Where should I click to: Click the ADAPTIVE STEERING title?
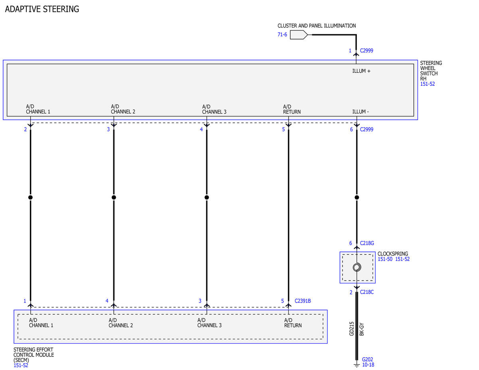pos(42,9)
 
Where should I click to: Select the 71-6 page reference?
pos(282,35)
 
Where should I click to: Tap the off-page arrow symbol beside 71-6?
pos(299,35)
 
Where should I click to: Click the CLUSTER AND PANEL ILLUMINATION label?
pos(317,26)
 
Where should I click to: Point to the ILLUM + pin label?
pos(361,71)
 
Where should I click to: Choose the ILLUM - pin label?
pos(360,112)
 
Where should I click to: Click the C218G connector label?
pos(367,243)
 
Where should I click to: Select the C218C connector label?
pos(366,292)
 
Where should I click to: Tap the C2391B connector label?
pos(303,301)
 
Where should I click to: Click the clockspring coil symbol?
pos(357,267)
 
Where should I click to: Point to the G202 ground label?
pos(368,359)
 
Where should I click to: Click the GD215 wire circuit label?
pos(352,329)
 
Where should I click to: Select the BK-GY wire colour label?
pos(362,329)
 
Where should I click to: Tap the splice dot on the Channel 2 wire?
pos(114,197)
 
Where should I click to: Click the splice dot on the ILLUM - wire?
pos(357,197)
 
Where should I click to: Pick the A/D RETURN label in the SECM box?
pos(293,323)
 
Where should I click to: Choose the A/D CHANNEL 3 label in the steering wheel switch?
pos(214,109)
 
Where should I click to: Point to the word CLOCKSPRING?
pos(393,253)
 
